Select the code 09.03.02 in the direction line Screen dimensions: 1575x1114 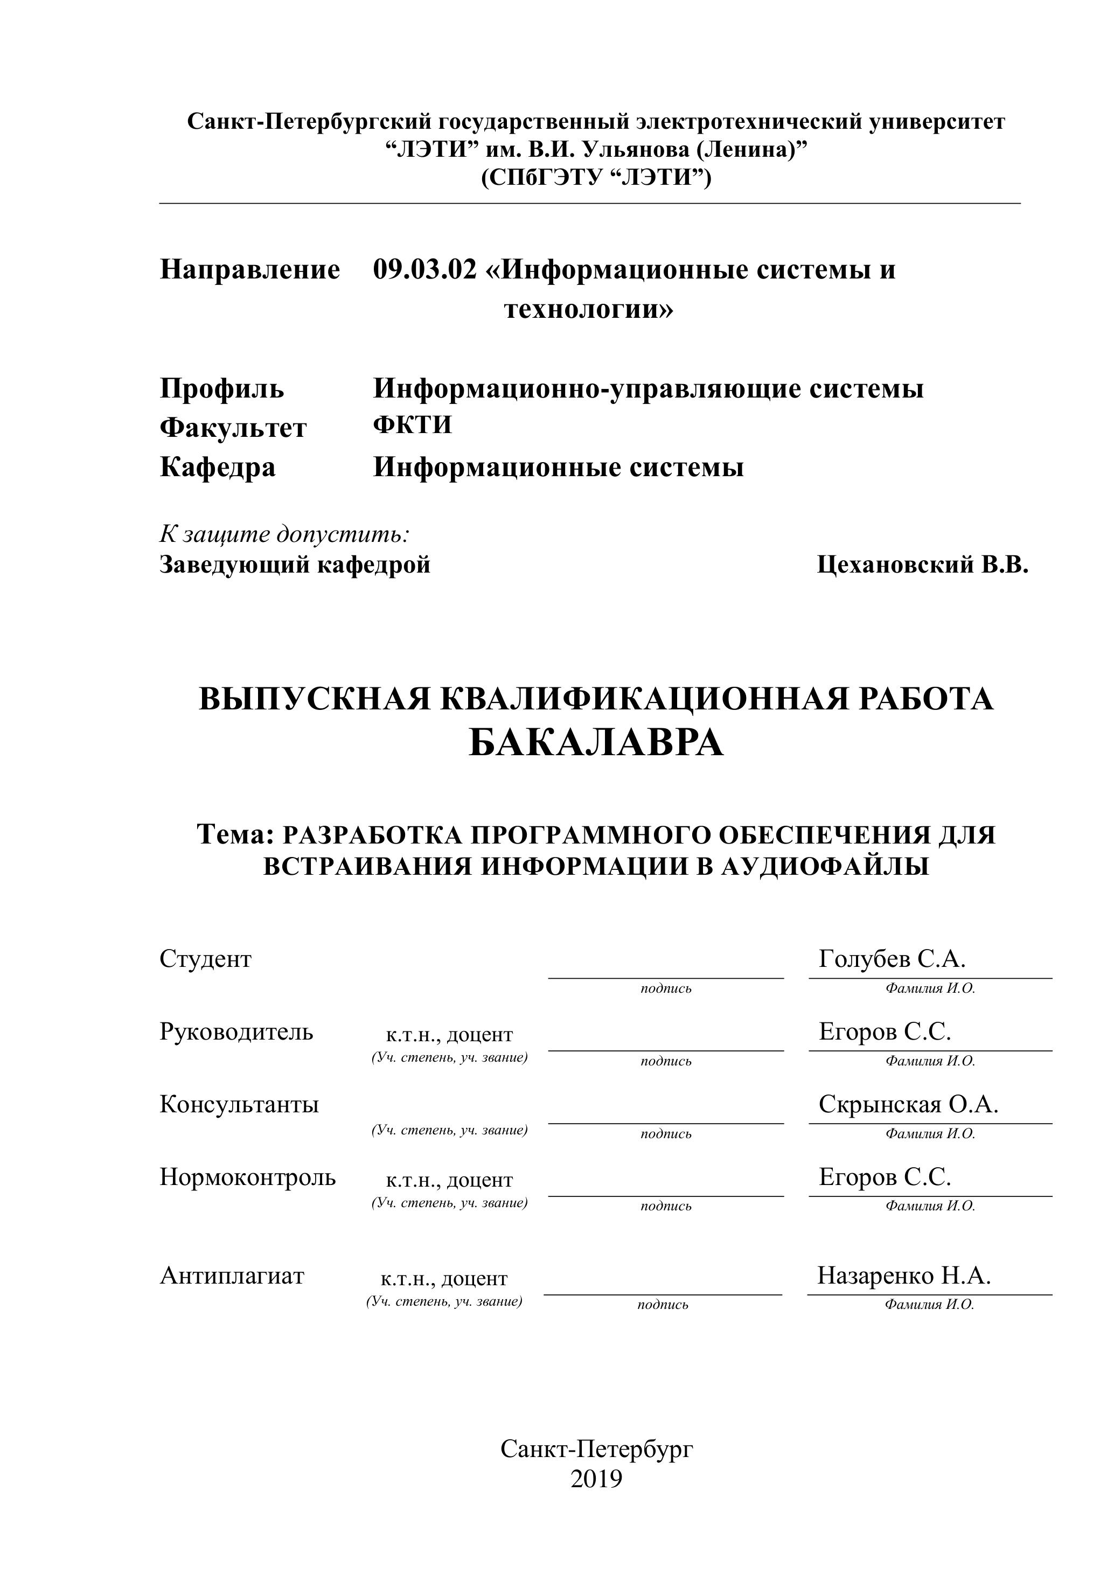click(x=424, y=269)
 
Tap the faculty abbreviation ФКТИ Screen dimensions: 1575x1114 click(x=412, y=426)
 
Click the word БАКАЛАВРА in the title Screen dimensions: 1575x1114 click(x=596, y=743)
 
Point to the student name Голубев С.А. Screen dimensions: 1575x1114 click(x=892, y=958)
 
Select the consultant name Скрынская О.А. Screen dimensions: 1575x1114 click(x=908, y=1104)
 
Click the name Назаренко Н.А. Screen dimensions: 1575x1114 click(x=904, y=1275)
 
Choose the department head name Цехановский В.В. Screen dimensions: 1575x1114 click(x=923, y=565)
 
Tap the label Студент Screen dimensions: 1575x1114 click(x=205, y=958)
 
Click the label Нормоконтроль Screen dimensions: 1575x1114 click(x=248, y=1176)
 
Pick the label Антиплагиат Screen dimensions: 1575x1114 click(x=231, y=1275)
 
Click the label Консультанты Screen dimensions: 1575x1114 click(x=239, y=1104)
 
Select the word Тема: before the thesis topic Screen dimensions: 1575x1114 click(x=235, y=835)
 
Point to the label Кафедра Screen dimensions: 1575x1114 click(x=218, y=467)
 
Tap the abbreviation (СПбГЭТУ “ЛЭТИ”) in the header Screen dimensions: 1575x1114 click(x=596, y=178)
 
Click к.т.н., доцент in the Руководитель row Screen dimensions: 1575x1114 click(x=449, y=1034)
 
